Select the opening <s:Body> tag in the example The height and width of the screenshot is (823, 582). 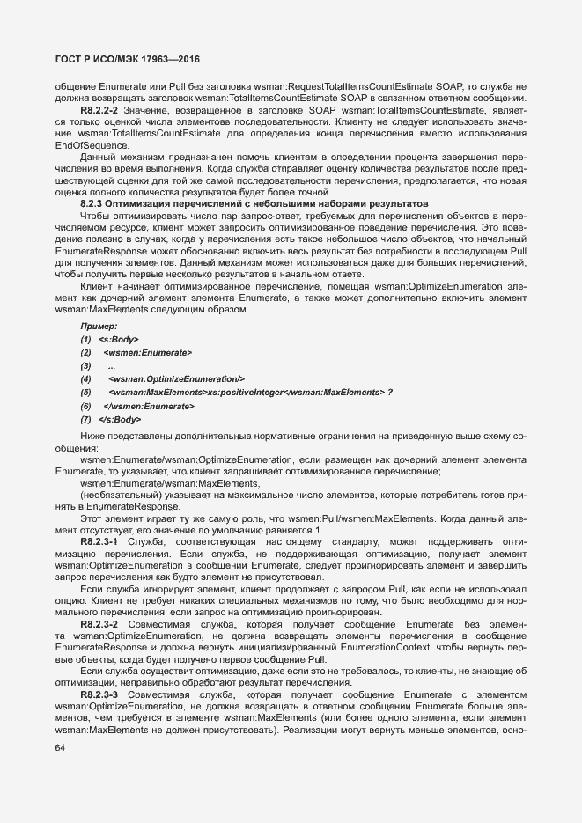(118, 339)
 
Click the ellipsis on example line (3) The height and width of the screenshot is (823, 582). (111, 365)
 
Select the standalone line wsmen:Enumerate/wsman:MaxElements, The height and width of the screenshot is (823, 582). (154, 484)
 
